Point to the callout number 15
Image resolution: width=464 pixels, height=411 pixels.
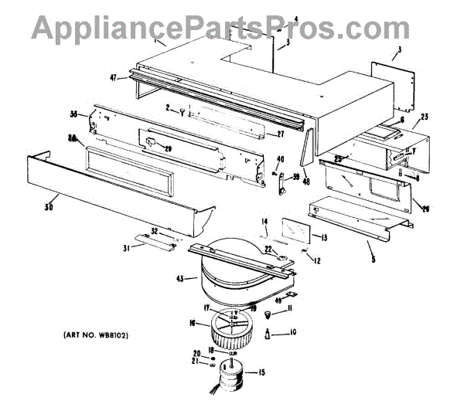261,372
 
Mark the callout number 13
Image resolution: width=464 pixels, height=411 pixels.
324,237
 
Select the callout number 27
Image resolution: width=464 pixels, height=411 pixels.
281,134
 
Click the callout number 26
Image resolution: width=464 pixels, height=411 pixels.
424,207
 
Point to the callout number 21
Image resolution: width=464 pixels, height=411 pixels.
196,360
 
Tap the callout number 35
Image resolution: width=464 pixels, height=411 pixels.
73,114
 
